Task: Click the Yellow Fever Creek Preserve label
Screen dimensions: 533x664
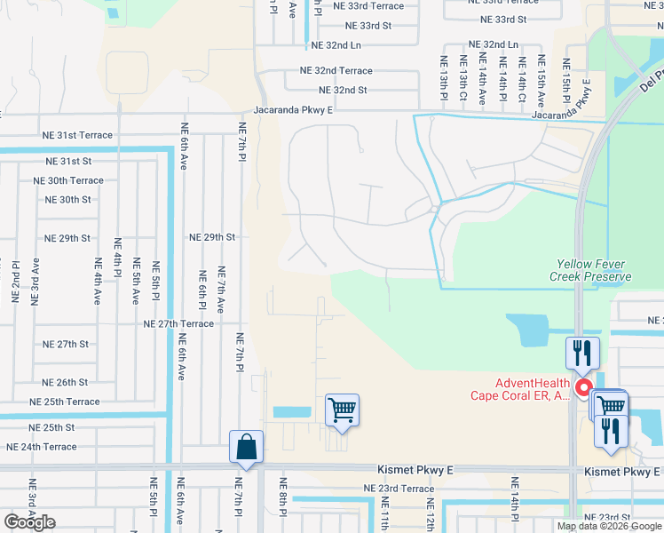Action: point(594,270)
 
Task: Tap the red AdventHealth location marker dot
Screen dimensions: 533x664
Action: point(584,387)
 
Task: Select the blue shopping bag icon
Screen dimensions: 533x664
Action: point(246,447)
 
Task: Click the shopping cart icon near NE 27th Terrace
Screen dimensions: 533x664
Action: point(342,410)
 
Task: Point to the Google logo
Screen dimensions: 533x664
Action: point(29,522)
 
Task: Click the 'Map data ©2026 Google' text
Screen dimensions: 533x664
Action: point(608,526)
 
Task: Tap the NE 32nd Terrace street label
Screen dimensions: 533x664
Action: point(336,69)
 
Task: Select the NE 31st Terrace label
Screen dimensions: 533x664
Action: point(77,135)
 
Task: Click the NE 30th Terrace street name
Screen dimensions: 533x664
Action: point(68,180)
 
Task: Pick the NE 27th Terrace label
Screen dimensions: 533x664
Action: point(178,324)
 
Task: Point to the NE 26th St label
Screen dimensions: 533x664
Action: point(66,383)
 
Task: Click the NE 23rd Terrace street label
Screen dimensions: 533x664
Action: point(399,489)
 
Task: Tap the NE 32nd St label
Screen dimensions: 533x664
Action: point(343,90)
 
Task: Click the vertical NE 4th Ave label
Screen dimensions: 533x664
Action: point(99,280)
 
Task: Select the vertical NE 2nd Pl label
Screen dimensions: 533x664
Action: point(16,280)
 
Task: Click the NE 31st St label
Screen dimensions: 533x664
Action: point(69,161)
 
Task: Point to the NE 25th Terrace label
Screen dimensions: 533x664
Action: point(71,402)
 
